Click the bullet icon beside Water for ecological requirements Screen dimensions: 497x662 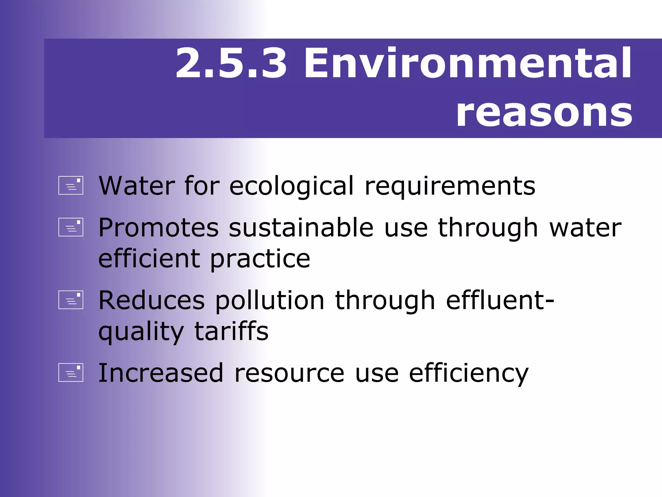pos(71,185)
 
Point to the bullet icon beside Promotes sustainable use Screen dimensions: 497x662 pos(71,227)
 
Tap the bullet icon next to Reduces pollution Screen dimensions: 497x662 pos(71,300)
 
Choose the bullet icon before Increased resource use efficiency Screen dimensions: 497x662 pos(71,373)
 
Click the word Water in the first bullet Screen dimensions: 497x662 pos(137,186)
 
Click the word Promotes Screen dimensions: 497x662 pos(159,228)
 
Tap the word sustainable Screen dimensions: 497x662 pos(301,228)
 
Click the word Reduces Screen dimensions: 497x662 pos(152,301)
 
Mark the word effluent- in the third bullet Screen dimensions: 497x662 pos(500,300)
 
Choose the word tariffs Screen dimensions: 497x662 pos(231,331)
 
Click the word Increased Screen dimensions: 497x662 pos(161,373)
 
